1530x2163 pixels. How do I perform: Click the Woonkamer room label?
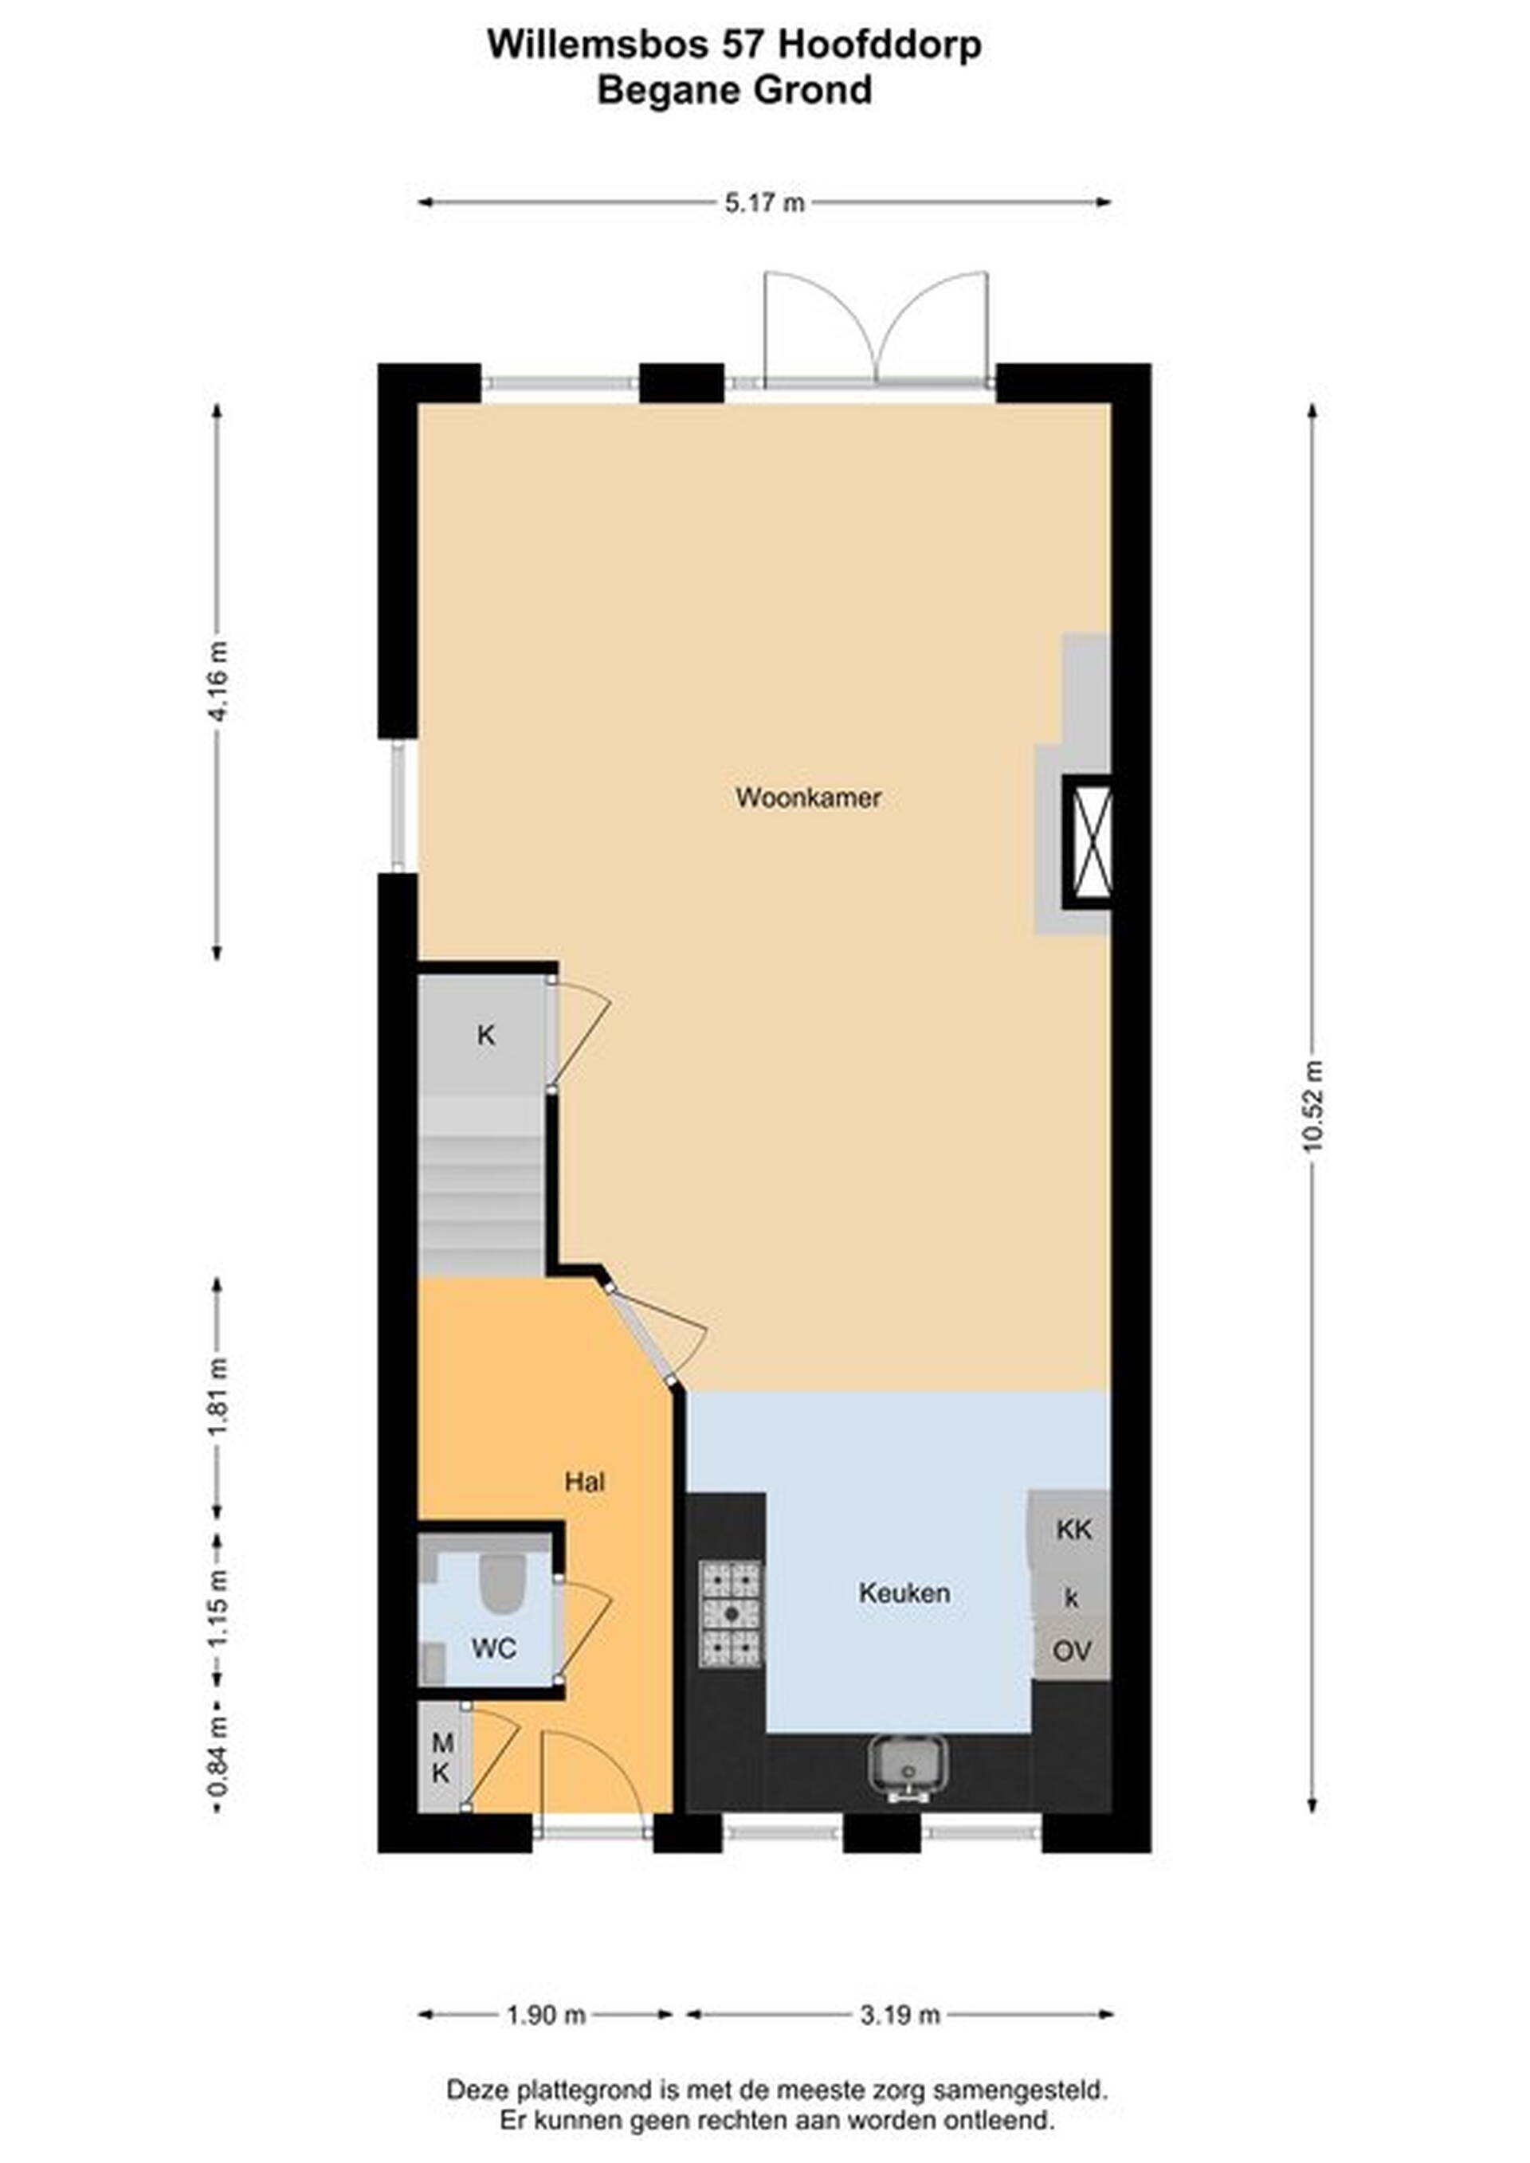[x=808, y=798]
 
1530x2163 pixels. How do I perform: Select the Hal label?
[x=584, y=1482]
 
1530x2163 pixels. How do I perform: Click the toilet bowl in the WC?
[x=502, y=1584]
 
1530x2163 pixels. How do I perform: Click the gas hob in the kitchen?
[x=730, y=1612]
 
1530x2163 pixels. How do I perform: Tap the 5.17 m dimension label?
[x=764, y=202]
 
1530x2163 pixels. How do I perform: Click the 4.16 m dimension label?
[x=218, y=681]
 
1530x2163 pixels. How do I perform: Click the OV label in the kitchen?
[x=1072, y=1652]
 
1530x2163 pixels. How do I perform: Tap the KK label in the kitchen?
[x=1073, y=1529]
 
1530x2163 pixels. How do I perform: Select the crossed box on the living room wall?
[x=1086, y=842]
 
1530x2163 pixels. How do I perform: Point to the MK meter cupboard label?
[x=441, y=1758]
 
